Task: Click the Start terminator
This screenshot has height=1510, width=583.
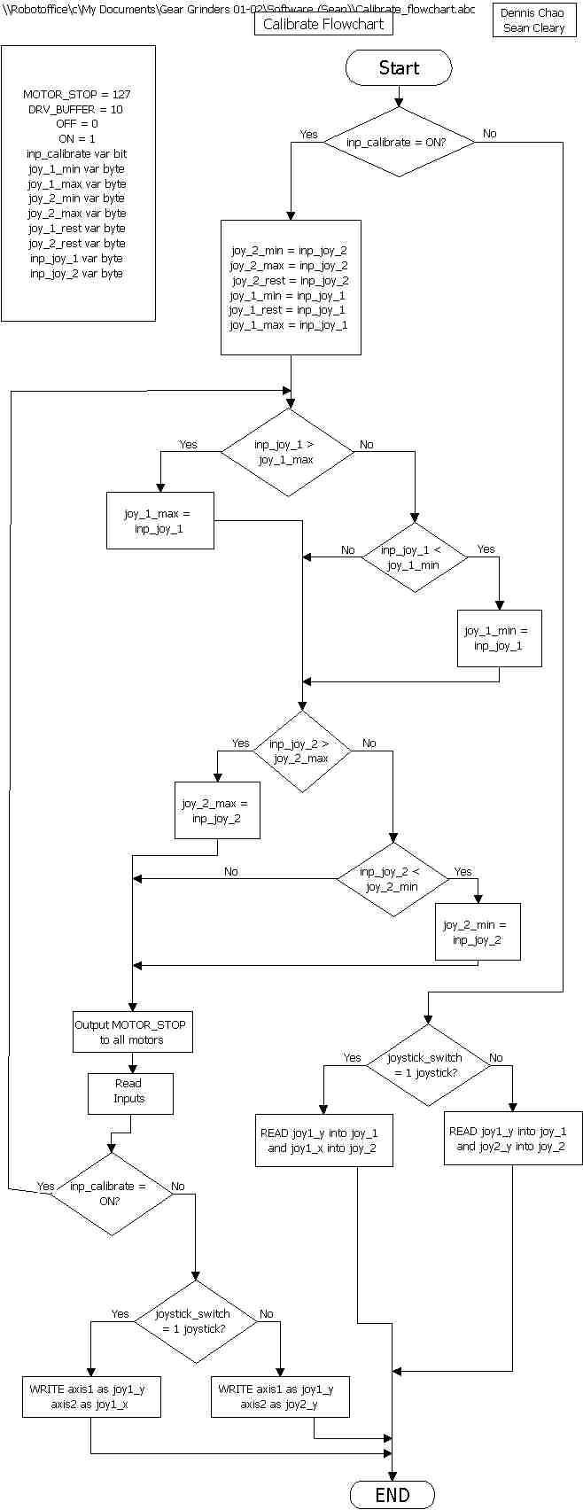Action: (x=399, y=67)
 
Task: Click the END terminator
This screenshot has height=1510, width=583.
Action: (x=392, y=1495)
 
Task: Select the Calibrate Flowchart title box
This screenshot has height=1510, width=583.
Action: (x=323, y=24)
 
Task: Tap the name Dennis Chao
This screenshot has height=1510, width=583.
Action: (x=532, y=13)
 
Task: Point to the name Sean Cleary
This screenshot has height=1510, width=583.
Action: (x=533, y=28)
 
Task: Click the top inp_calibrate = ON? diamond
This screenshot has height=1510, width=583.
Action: (x=398, y=142)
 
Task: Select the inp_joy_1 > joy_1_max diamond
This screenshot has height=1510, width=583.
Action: (x=285, y=452)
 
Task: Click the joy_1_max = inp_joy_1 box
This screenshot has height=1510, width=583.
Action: (x=159, y=521)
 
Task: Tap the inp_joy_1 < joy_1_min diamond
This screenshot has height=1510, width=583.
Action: (x=414, y=557)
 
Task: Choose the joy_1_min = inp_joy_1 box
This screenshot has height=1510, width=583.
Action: (x=499, y=638)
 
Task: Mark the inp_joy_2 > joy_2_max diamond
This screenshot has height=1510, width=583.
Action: (x=301, y=751)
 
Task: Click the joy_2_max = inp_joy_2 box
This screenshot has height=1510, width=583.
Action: (x=217, y=810)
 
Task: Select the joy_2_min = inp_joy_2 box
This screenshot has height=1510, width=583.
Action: (x=478, y=931)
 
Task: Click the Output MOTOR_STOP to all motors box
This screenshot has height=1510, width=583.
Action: (x=132, y=1032)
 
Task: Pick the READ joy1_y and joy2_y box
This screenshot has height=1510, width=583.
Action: (x=513, y=1139)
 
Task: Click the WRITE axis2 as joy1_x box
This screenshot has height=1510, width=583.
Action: (x=91, y=1397)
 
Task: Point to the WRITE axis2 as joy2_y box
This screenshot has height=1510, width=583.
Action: (x=280, y=1397)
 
